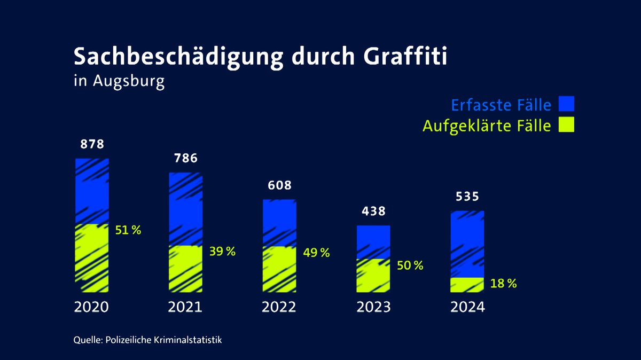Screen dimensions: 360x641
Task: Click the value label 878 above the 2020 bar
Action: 92,144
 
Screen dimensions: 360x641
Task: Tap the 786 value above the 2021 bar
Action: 186,158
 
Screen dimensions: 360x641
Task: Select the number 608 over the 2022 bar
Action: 280,185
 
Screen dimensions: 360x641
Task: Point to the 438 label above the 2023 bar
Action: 373,211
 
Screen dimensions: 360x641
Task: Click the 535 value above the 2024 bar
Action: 467,197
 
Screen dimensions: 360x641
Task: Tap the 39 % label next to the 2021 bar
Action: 223,252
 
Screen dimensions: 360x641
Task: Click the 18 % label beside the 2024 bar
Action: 504,284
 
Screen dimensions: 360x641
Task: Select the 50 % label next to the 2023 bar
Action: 410,265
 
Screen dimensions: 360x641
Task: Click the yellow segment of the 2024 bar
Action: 467,285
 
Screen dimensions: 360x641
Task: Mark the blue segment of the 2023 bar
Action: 373,241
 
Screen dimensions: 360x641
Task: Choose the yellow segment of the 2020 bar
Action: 92,257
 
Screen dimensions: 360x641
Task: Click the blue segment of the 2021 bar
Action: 186,208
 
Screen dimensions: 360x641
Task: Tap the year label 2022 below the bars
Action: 279,308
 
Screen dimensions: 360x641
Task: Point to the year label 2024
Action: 467,308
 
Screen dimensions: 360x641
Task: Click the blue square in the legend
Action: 566,104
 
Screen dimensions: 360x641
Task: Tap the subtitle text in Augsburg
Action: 119,82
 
